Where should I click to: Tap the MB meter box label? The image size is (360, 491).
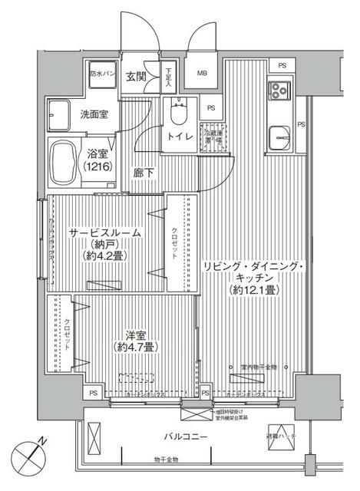tap(203, 74)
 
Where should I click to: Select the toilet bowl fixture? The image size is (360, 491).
tap(179, 115)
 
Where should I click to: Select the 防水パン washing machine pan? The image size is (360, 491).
tap(102, 74)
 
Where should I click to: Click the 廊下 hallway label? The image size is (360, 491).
tap(144, 173)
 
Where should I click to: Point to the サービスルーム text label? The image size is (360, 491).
tap(105, 232)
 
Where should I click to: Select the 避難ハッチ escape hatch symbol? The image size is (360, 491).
tap(279, 436)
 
